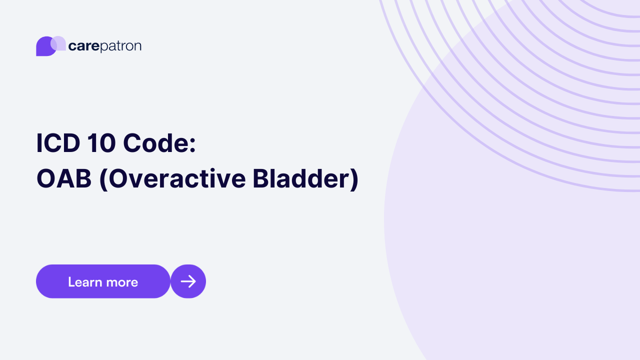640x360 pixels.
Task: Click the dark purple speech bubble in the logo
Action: pos(44,47)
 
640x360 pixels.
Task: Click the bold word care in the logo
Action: pos(83,46)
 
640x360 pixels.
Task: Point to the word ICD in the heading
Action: pos(57,143)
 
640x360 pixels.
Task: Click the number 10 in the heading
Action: pos(101,143)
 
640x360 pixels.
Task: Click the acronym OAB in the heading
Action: pos(64,179)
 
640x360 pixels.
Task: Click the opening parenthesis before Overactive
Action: pos(103,180)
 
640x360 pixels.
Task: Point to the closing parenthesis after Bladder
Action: pos(354,180)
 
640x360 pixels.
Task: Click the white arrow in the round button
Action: pos(188,281)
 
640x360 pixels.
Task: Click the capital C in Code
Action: pos(132,143)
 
